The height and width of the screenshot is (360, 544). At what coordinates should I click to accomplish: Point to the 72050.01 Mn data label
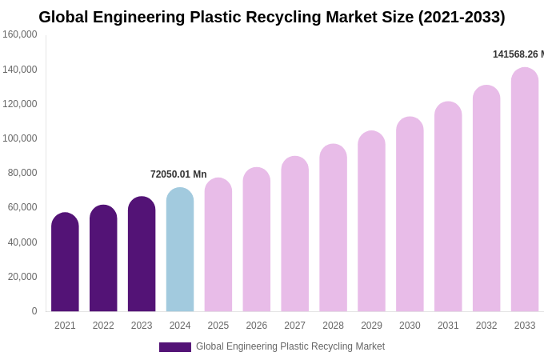pyautogui.click(x=178, y=174)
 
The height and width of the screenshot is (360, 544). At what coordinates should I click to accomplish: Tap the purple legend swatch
pyautogui.click(x=174, y=347)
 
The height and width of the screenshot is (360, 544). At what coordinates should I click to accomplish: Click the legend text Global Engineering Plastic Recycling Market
pyautogui.click(x=290, y=346)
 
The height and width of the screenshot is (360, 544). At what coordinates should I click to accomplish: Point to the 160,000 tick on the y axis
pyautogui.click(x=20, y=34)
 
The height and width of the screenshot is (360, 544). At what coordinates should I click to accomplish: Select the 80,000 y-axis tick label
pyautogui.click(x=23, y=173)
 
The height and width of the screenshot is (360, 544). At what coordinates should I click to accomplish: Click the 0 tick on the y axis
pyautogui.click(x=34, y=311)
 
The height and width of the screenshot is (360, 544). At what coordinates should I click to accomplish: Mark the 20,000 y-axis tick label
pyautogui.click(x=23, y=277)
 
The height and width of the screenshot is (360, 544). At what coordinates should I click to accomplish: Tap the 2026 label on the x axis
pyautogui.click(x=257, y=326)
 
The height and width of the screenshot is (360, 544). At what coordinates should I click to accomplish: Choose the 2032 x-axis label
pyautogui.click(x=486, y=326)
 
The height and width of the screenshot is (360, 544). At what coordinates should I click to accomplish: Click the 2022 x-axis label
pyautogui.click(x=103, y=326)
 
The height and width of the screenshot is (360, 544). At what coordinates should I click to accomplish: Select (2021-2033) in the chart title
pyautogui.click(x=462, y=17)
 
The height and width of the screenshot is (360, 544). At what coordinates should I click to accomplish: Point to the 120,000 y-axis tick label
pyautogui.click(x=20, y=104)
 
